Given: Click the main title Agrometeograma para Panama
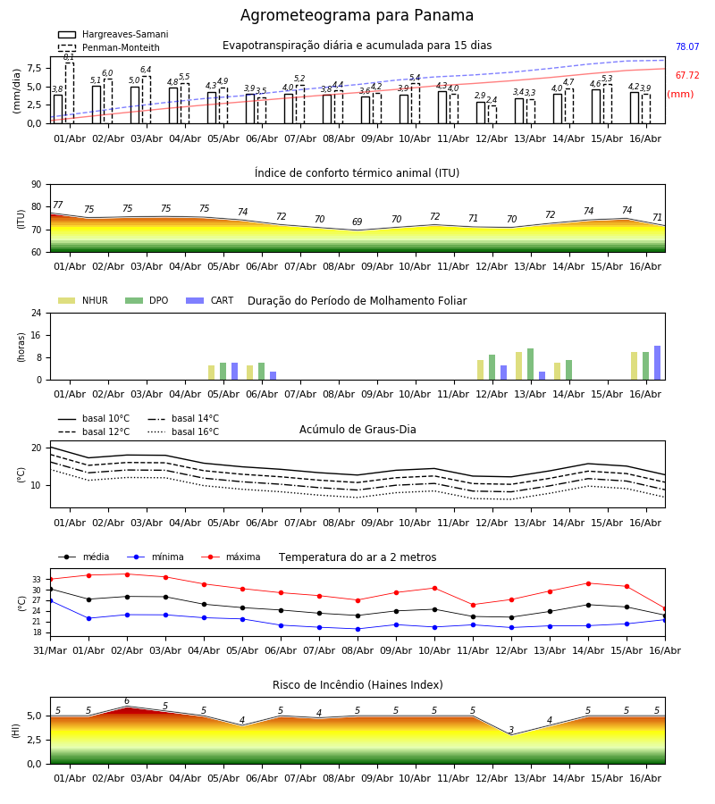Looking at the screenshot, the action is (357, 15).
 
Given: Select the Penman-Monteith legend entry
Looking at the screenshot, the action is (109, 47).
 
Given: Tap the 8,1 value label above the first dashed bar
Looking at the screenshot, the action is (69, 57).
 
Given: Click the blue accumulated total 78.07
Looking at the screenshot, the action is (687, 46).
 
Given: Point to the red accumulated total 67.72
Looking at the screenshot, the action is (687, 75).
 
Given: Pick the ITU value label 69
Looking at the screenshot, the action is (357, 222).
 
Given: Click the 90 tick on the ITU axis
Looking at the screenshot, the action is (37, 185).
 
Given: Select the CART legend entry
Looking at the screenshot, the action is (209, 300).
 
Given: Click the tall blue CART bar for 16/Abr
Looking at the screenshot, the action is (658, 363).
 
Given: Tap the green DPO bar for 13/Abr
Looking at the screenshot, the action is (530, 364).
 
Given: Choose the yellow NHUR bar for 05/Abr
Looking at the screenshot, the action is (211, 373).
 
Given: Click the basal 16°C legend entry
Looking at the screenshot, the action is (183, 431).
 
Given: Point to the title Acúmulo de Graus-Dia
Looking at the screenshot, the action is (357, 430).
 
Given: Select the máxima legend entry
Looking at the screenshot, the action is (231, 557).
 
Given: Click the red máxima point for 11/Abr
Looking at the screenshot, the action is (473, 605).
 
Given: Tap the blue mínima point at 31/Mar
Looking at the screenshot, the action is (51, 600).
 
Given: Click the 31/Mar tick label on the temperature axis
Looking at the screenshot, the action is (50, 650).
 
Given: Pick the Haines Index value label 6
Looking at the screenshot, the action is (127, 701).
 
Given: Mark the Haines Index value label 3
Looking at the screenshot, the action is (511, 730).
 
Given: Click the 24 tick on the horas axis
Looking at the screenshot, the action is (37, 313).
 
